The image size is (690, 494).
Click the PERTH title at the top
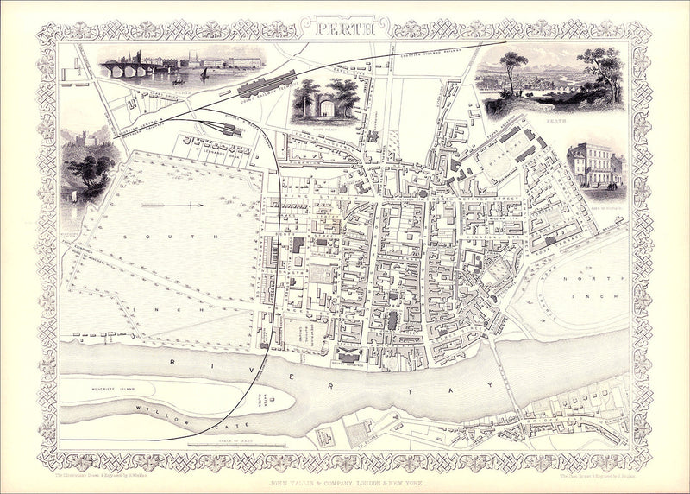pos(345,27)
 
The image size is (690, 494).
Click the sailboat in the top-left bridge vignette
pos(203,74)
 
